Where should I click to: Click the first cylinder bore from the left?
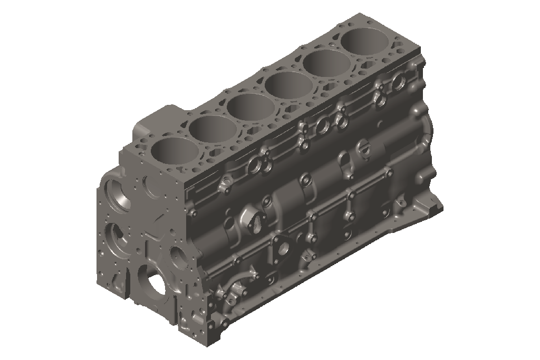[x=175, y=150]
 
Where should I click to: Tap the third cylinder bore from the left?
[x=250, y=105]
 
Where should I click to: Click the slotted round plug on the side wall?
[x=362, y=147]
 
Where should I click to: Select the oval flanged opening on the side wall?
[x=252, y=221]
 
